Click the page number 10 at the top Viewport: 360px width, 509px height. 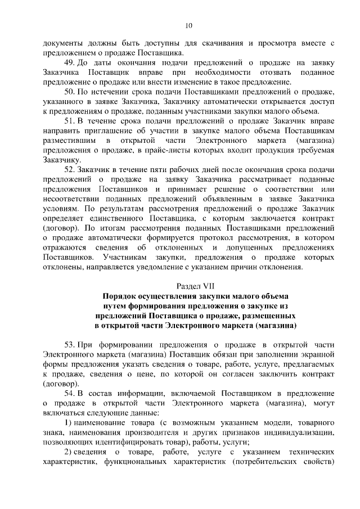(x=188, y=25)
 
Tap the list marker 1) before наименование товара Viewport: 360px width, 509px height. (x=69, y=422)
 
